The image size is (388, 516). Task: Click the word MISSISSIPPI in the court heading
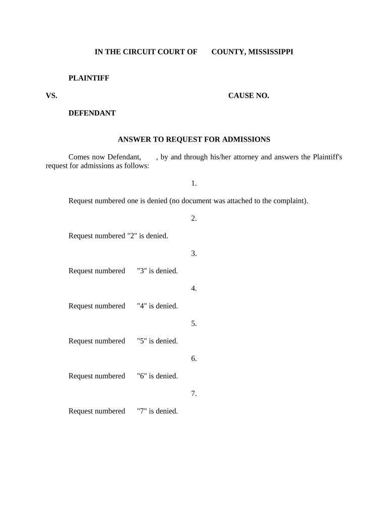coord(270,52)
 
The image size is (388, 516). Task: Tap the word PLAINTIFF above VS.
coord(89,78)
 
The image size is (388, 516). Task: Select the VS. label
coord(51,96)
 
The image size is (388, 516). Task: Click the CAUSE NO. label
coord(248,96)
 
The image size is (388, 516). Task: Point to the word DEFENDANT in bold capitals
coord(92,113)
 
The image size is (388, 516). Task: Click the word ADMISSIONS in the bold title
coord(247,140)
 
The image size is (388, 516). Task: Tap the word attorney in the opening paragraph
coord(245,157)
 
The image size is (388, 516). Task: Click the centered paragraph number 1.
coord(193,183)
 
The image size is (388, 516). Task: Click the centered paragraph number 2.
coord(193,218)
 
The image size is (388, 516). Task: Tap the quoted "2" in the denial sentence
coord(133,236)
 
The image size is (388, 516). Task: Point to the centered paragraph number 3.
coord(193,253)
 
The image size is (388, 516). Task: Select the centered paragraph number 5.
coord(193,324)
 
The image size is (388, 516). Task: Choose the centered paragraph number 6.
coord(193,359)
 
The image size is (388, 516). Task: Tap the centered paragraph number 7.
coord(193,394)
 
